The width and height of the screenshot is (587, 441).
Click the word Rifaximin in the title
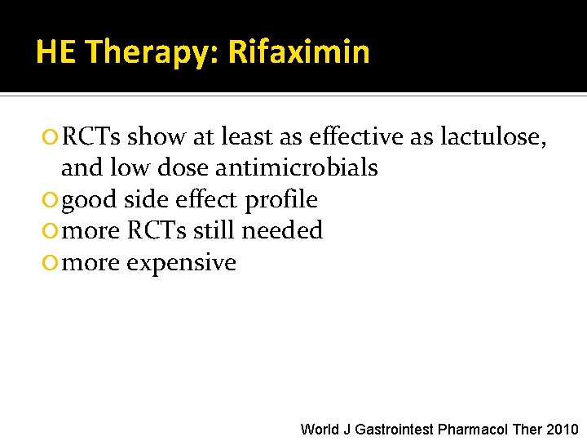298,52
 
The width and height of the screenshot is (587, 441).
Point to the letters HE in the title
55,52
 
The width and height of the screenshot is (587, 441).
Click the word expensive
185,263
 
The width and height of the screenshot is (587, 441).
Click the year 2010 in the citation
563,429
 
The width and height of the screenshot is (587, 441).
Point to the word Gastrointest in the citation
395,429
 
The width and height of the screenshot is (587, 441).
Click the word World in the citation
319,429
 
